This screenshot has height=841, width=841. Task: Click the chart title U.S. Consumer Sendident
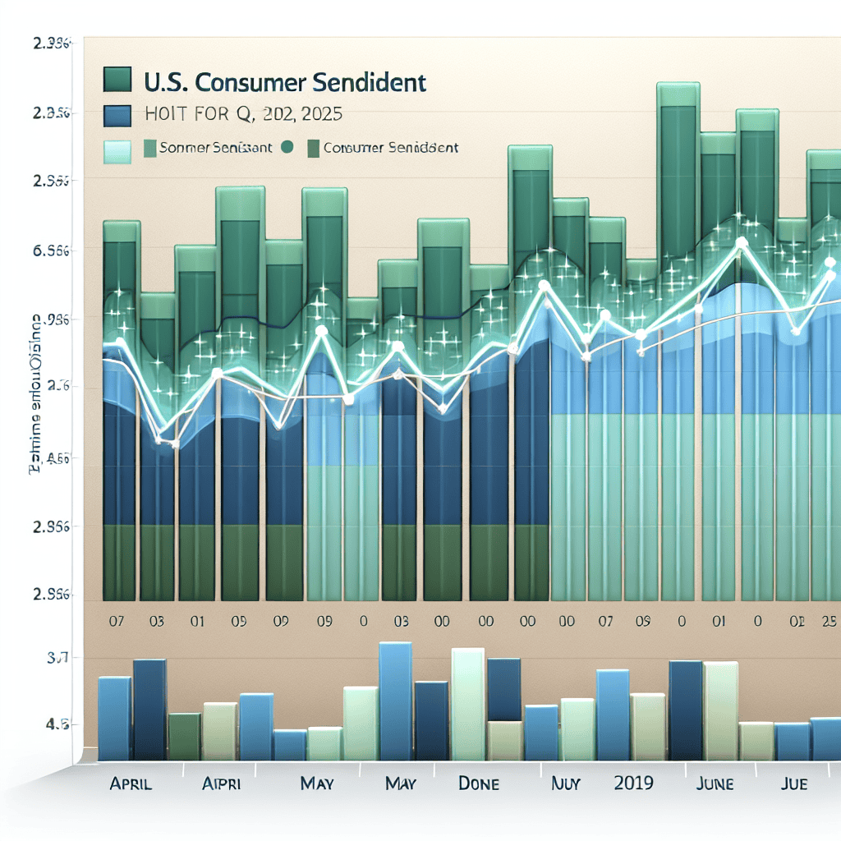[284, 82]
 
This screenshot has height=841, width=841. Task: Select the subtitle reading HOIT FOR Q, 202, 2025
[242, 115]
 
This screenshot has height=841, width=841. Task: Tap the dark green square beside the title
[118, 80]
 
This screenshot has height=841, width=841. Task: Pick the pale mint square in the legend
[117, 152]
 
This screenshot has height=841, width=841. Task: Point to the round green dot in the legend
[287, 149]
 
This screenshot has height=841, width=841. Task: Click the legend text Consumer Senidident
[391, 149]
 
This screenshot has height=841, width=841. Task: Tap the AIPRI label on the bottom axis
[222, 784]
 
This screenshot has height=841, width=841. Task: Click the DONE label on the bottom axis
[478, 784]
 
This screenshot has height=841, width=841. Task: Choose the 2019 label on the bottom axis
[633, 782]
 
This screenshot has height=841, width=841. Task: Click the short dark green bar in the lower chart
[185, 736]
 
